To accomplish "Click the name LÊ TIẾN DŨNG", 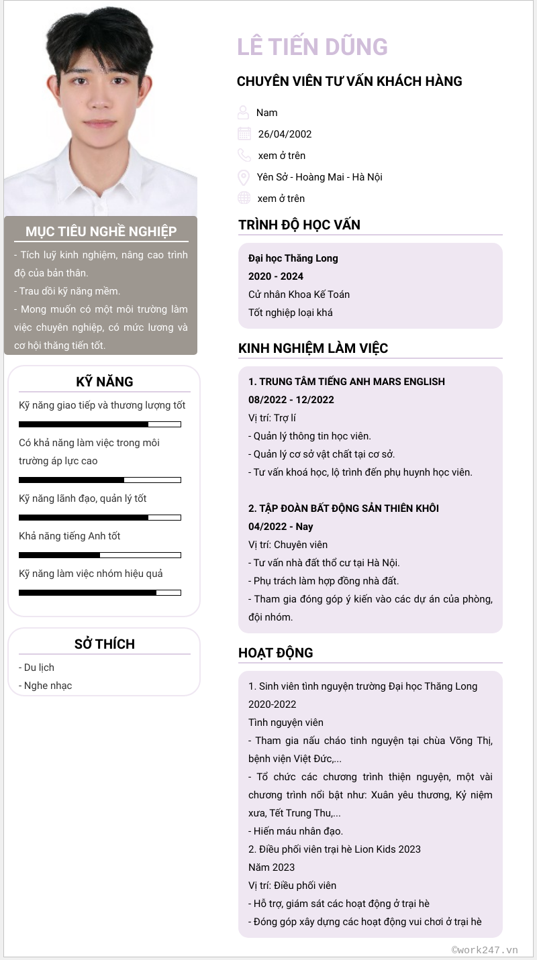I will coord(312,47).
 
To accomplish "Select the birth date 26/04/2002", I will coord(285,134).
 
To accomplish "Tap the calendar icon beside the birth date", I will coord(244,134).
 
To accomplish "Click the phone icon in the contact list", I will coord(244,155).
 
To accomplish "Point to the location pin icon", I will coord(244,177).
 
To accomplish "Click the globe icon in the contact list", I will coord(244,198).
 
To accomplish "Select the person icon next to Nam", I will coord(243,112).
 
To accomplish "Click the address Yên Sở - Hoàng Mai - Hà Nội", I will coord(320,177).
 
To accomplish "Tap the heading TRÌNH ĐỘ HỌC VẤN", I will coord(299,225).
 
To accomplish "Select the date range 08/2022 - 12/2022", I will coord(291,400).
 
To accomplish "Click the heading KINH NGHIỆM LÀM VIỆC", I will coord(313,348).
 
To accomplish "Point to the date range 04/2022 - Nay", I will coord(281,527).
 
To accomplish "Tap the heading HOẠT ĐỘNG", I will coord(276,653).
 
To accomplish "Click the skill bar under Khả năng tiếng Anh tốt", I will coord(100,555).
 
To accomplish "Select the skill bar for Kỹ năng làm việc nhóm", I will coord(100,592).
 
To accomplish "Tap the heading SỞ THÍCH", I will coord(105,644).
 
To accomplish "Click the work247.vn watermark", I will coord(485,949).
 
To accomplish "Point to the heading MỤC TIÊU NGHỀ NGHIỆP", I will coord(101,231).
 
